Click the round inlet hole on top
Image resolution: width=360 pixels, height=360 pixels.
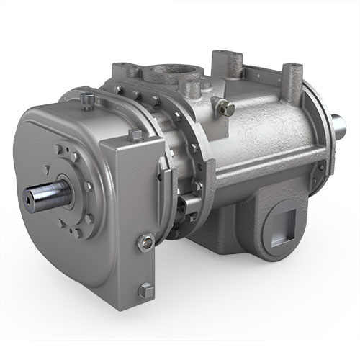pyautogui.click(x=174, y=76)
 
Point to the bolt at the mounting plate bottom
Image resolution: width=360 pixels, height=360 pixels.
pyautogui.click(x=148, y=290)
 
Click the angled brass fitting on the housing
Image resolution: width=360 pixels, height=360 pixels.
pyautogui.click(x=228, y=107)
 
